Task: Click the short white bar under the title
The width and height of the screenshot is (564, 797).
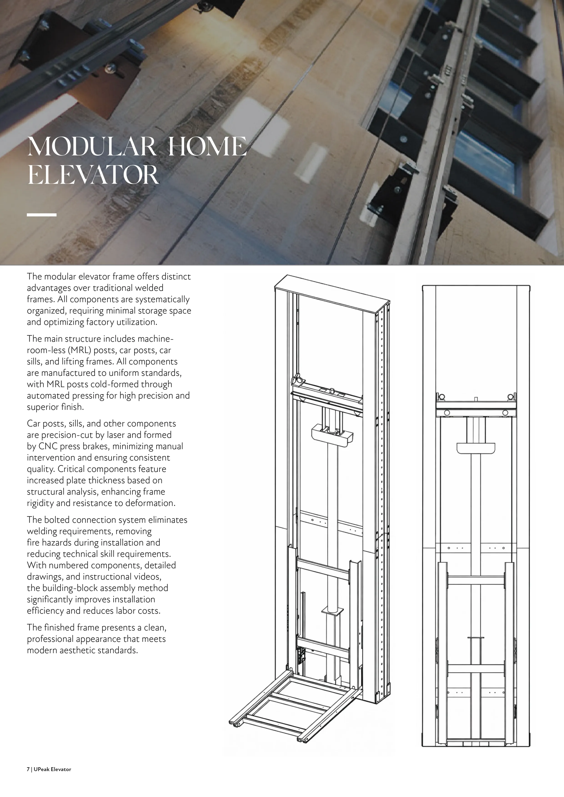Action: [x=42, y=215]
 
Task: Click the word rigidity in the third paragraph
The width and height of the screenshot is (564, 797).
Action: [x=40, y=503]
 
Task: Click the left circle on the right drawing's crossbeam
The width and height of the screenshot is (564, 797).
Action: [x=447, y=412]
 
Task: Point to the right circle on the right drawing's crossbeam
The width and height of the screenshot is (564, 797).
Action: [x=505, y=412]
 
